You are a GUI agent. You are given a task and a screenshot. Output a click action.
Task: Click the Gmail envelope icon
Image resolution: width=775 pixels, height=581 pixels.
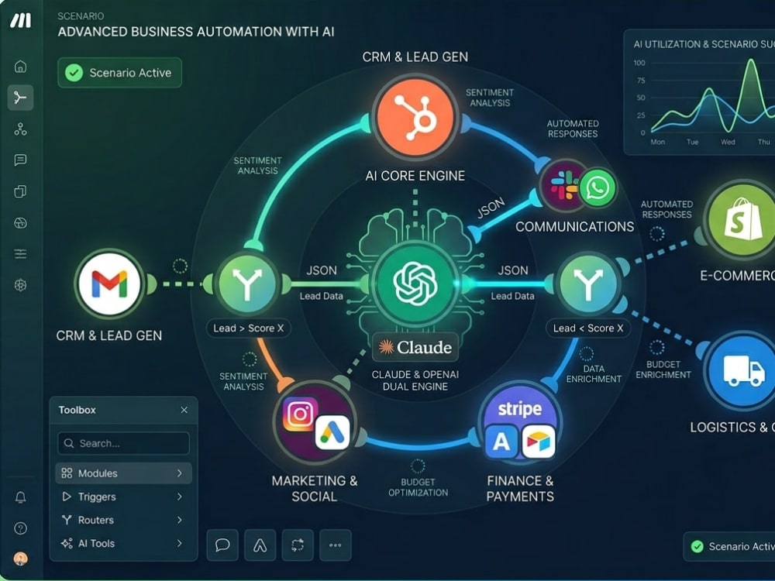pyautogui.click(x=110, y=284)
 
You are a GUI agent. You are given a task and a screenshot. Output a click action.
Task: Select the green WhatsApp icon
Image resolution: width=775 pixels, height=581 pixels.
pyautogui.click(x=598, y=187)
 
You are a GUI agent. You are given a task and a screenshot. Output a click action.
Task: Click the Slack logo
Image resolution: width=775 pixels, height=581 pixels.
pyautogui.click(x=564, y=185)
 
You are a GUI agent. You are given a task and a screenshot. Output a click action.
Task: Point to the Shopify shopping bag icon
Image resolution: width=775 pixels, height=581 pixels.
pyautogui.click(x=743, y=219)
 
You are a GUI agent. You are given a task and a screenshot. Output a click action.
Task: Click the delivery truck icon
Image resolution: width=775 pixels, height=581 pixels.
pyautogui.click(x=744, y=370)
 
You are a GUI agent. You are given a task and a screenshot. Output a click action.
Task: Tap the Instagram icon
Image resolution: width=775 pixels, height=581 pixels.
pyautogui.click(x=300, y=414)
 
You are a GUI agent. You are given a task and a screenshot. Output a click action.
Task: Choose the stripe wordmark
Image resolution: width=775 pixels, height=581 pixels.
pyautogui.click(x=519, y=408)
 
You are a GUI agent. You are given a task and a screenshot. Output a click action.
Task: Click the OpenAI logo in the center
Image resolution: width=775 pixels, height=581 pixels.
pyautogui.click(x=415, y=284)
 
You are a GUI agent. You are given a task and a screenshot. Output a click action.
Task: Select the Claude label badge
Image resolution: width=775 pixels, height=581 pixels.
pyautogui.click(x=415, y=347)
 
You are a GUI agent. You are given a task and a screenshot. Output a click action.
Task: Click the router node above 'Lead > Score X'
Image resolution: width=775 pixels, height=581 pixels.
pyautogui.click(x=247, y=284)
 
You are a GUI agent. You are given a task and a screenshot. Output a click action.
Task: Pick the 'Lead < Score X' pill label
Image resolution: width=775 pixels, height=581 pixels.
pyautogui.click(x=588, y=328)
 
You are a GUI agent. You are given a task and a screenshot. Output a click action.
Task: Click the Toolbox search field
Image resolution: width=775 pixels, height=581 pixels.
pyautogui.click(x=123, y=443)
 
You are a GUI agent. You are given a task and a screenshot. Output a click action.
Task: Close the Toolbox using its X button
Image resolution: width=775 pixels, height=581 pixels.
pyautogui.click(x=184, y=410)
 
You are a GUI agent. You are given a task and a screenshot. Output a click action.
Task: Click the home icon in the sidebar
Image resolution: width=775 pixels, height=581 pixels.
pyautogui.click(x=20, y=66)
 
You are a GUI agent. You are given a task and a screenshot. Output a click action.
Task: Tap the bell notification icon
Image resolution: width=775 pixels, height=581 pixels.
pyautogui.click(x=20, y=497)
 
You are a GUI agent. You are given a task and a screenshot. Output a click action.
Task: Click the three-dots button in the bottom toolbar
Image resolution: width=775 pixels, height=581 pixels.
pyautogui.click(x=336, y=545)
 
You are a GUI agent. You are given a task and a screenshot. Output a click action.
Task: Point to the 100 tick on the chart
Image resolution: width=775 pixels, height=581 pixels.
pyautogui.click(x=639, y=63)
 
